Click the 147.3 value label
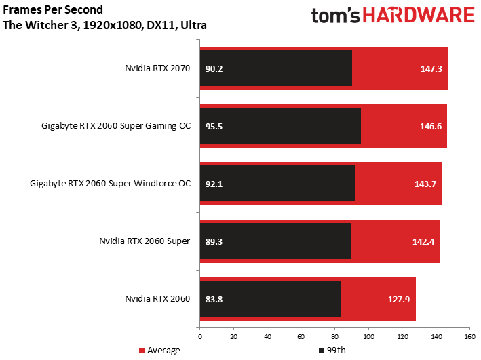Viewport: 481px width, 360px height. point(431,68)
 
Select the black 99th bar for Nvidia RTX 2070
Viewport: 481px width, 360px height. point(275,68)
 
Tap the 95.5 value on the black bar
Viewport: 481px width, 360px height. point(214,126)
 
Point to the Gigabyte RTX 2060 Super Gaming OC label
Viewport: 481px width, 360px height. point(116,126)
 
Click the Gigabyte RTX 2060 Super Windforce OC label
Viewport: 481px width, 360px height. point(110,183)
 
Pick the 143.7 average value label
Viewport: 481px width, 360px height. point(425,184)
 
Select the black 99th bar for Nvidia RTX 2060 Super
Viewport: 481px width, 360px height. point(275,241)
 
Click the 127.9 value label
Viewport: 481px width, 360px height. point(399,299)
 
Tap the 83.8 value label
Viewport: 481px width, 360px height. point(214,299)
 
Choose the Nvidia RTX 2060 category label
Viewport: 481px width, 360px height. point(157,299)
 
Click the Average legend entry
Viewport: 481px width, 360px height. point(159,351)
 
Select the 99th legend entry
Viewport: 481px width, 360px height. point(332,351)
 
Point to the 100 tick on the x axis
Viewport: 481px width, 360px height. point(368,337)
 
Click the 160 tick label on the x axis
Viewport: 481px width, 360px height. point(469,337)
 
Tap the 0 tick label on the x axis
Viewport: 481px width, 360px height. point(200,337)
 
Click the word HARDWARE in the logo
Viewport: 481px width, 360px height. point(419,16)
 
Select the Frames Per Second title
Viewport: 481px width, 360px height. point(53,9)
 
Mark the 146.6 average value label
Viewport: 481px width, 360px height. point(431,126)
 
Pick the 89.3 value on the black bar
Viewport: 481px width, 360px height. point(214,241)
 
